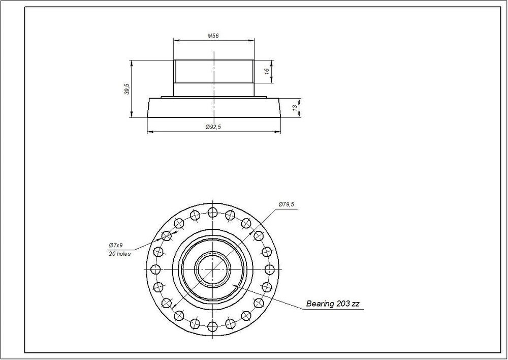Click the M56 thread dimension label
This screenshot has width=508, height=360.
[x=213, y=36]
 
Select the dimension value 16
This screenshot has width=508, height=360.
[x=267, y=71]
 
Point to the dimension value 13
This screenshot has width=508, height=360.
[x=295, y=108]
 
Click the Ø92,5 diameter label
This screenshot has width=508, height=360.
[x=213, y=127]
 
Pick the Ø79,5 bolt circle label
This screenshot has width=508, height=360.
[x=287, y=204]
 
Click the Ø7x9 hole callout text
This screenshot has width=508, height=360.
[x=116, y=245]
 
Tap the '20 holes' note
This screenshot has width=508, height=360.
[x=119, y=254]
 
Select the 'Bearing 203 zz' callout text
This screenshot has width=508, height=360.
[x=333, y=304]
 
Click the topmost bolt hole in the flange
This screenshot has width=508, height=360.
[x=212, y=213]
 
